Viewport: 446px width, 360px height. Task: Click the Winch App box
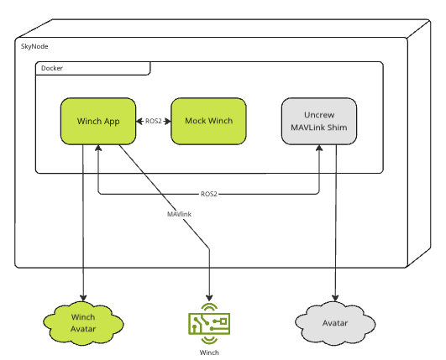pyautogui.click(x=98, y=122)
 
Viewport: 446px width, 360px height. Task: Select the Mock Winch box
pyautogui.click(x=208, y=122)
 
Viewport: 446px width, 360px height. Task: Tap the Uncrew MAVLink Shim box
pyautogui.click(x=319, y=122)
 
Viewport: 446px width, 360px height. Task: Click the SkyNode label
pyautogui.click(x=34, y=46)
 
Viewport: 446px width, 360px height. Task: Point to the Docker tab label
pyautogui.click(x=52, y=68)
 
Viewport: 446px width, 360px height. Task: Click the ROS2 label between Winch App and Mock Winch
pyautogui.click(x=154, y=122)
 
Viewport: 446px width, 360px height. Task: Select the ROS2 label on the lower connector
pyautogui.click(x=209, y=194)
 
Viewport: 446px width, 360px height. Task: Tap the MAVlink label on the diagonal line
pyautogui.click(x=179, y=214)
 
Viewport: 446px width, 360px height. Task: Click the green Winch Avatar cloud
pyautogui.click(x=83, y=323)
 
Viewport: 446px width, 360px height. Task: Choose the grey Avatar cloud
pyautogui.click(x=335, y=323)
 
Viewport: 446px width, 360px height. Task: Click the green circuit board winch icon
pyautogui.click(x=209, y=324)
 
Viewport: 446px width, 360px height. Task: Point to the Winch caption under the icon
pyautogui.click(x=209, y=352)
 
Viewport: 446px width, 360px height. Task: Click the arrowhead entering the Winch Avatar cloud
pyautogui.click(x=83, y=298)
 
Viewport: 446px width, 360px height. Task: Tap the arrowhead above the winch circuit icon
pyautogui.click(x=209, y=298)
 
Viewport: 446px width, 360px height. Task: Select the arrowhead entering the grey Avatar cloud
pyautogui.click(x=335, y=298)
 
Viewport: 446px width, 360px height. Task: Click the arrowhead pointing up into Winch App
pyautogui.click(x=98, y=148)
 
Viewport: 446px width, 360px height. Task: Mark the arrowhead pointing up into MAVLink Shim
pyautogui.click(x=319, y=148)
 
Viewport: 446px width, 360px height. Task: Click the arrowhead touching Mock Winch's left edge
pyautogui.click(x=168, y=122)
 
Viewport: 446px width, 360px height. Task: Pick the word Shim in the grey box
pyautogui.click(x=338, y=128)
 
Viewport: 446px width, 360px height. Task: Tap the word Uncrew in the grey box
pyautogui.click(x=319, y=115)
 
